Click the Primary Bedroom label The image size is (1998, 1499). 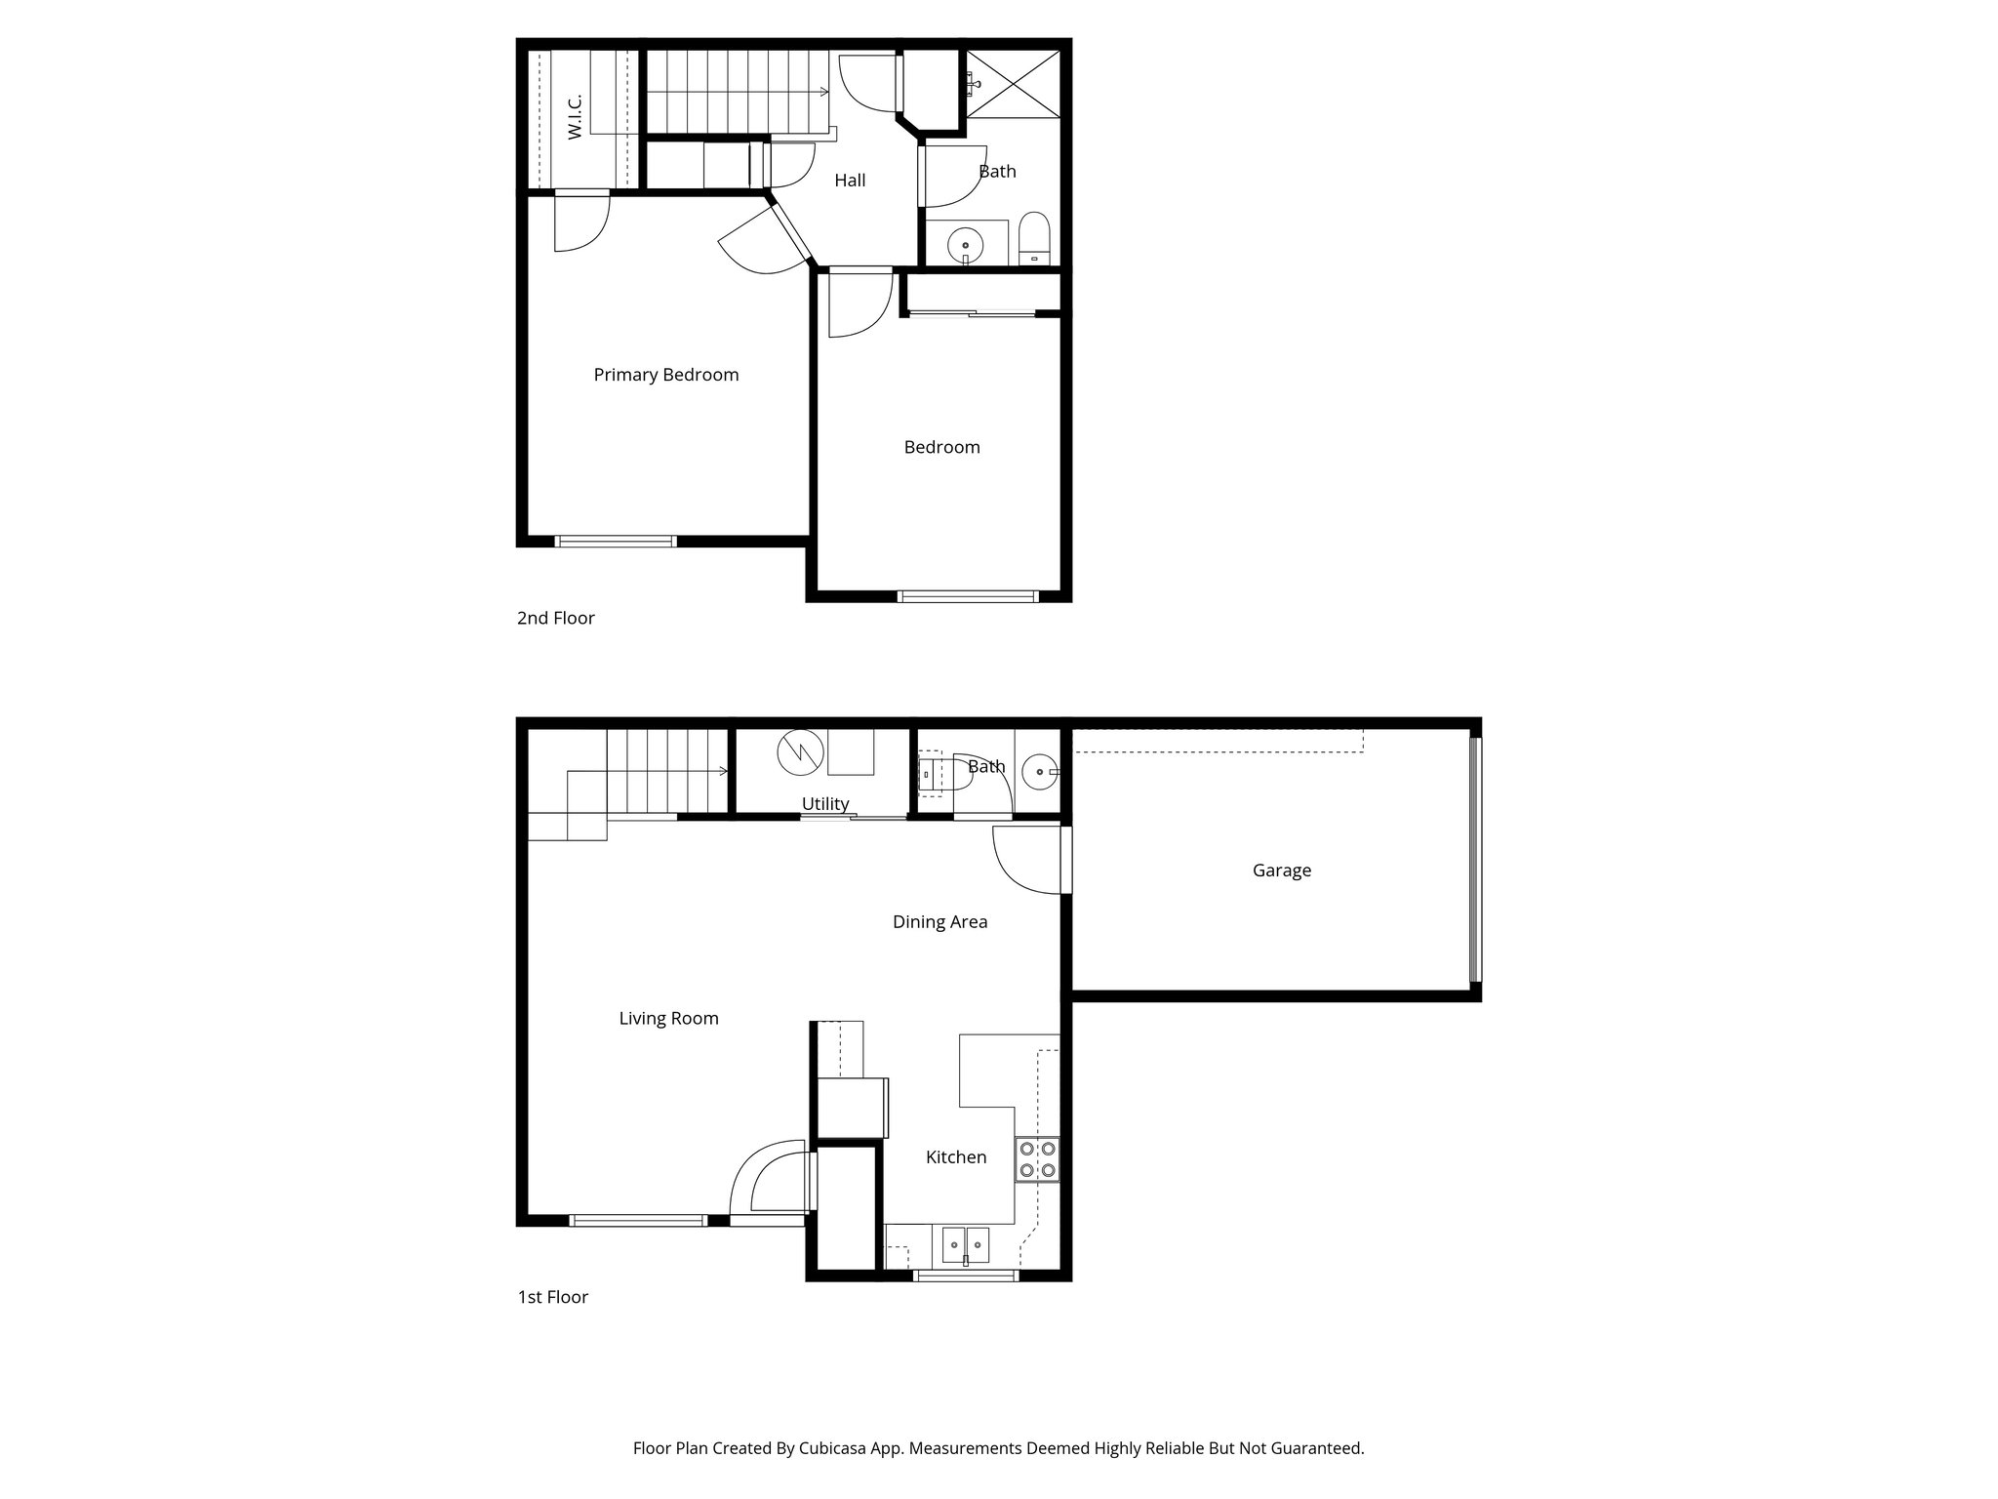(x=666, y=375)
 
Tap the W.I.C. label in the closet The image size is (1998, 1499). (x=575, y=116)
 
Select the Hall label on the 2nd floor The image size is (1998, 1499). (x=850, y=181)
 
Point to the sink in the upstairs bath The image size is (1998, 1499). (x=966, y=244)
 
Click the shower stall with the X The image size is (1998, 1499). (x=1014, y=85)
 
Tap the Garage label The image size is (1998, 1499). (x=1281, y=871)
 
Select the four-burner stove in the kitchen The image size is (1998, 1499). (x=1037, y=1159)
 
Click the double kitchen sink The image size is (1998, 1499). (x=965, y=1245)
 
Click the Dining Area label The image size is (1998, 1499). (x=939, y=922)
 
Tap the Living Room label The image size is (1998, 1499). (x=668, y=1019)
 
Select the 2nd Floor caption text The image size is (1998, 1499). (x=555, y=618)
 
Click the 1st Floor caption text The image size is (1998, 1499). (x=552, y=1297)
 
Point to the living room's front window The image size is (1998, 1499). (x=637, y=1220)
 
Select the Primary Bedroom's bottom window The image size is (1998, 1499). (x=616, y=541)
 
